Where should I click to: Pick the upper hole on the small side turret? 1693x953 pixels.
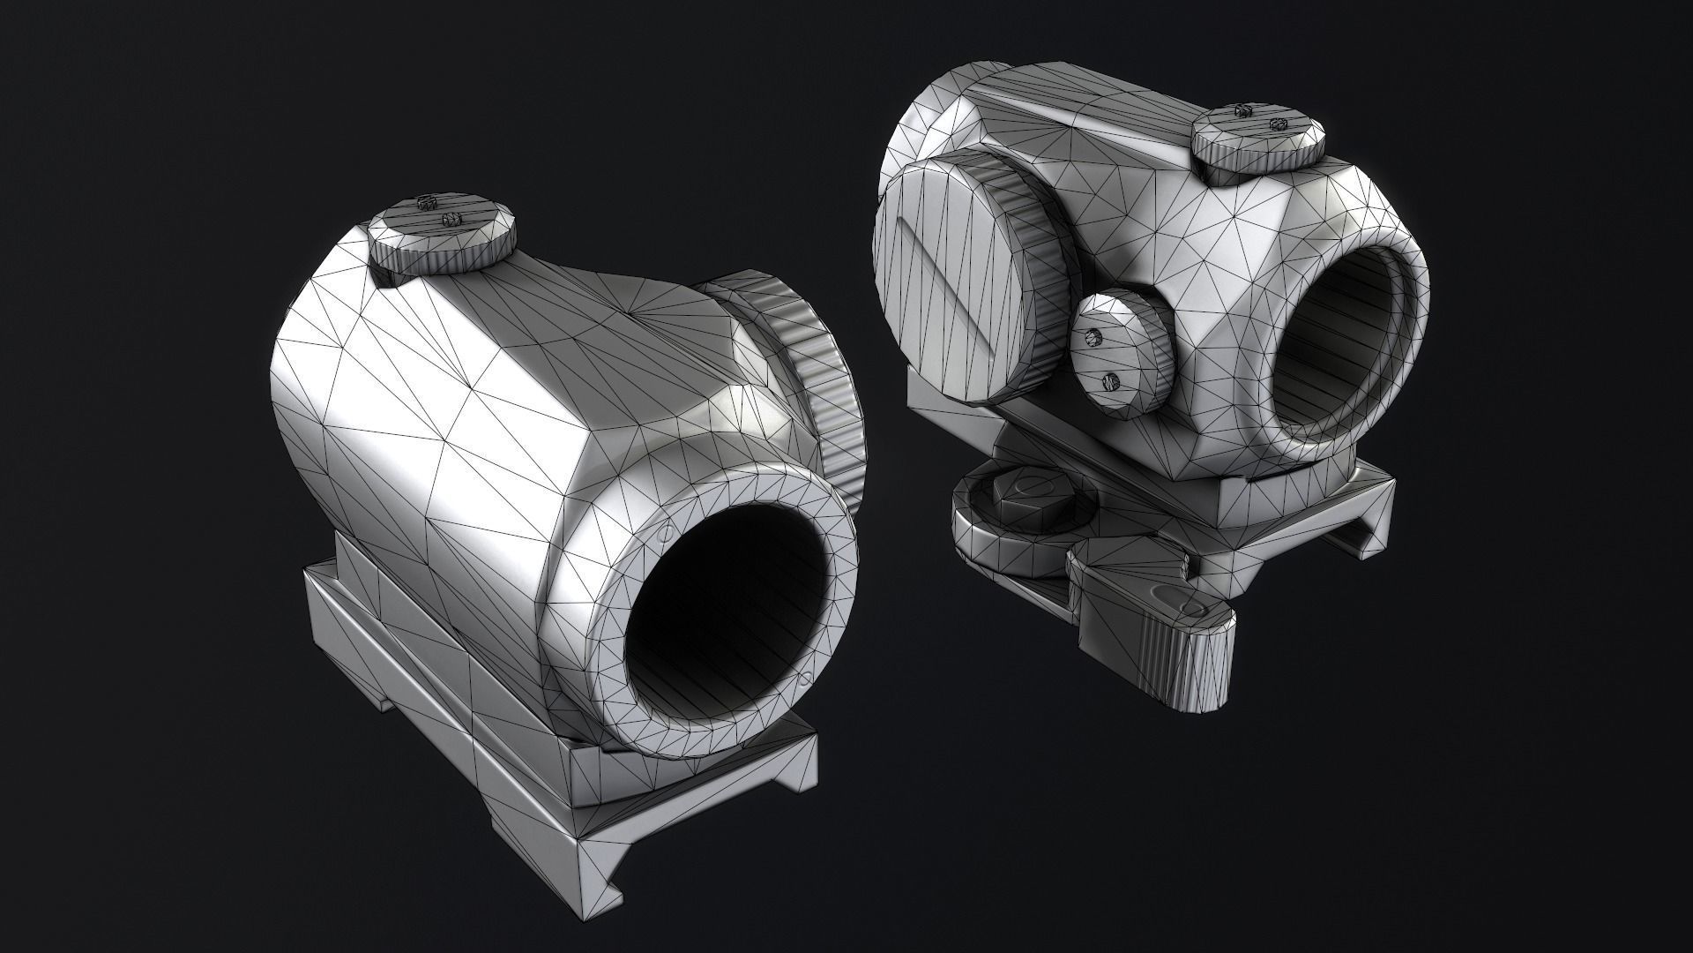click(x=1096, y=336)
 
